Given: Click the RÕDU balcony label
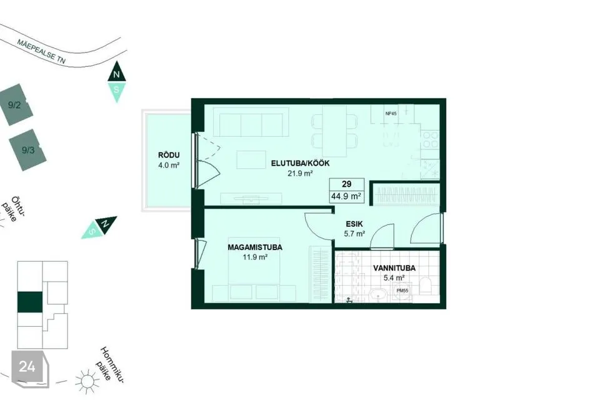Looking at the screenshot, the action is (x=169, y=155).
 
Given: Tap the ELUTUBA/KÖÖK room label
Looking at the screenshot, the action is (x=301, y=164).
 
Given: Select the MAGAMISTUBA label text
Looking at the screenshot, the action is (x=255, y=247).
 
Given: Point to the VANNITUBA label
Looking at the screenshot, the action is (x=394, y=268).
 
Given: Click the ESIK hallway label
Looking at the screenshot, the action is (x=354, y=224).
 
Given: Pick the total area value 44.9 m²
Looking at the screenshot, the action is (x=346, y=196).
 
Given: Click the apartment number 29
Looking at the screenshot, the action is (x=347, y=184).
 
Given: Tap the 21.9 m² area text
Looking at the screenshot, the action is (x=301, y=173).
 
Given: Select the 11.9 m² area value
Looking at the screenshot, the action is (x=255, y=257).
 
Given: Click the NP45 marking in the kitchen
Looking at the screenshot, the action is (x=391, y=113).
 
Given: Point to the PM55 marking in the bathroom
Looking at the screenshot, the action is (x=402, y=291).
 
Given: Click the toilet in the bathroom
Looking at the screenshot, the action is (x=426, y=285).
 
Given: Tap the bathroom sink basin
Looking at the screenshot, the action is (x=379, y=296).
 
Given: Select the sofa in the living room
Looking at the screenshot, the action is (x=251, y=122).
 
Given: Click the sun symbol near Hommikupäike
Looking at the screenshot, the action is (x=87, y=381).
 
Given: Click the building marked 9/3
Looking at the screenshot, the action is (x=28, y=150).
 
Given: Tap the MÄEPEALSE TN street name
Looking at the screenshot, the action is (x=41, y=51).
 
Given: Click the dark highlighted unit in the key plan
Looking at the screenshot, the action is (x=30, y=302).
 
